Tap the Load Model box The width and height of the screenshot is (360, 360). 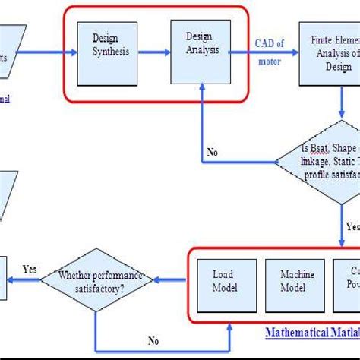coord(225,280)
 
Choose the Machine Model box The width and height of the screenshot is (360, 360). coord(292,280)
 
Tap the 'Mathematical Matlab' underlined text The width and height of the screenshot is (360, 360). coord(311,333)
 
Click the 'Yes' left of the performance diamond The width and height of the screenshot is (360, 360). coord(29,269)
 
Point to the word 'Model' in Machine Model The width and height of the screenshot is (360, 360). coord(292,287)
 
